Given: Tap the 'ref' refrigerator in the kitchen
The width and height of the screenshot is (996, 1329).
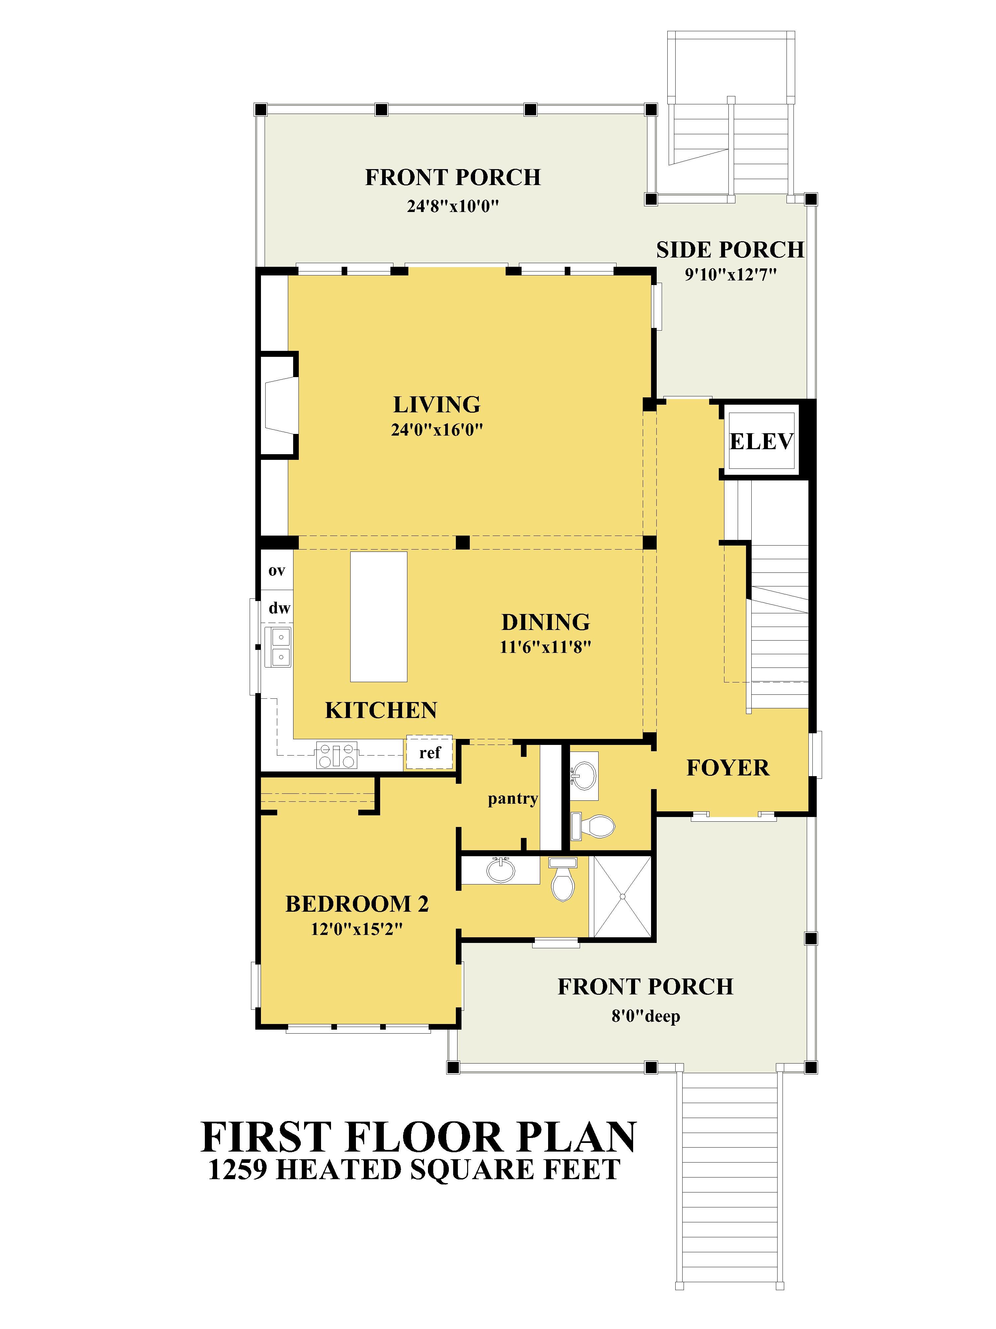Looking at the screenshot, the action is [x=429, y=752].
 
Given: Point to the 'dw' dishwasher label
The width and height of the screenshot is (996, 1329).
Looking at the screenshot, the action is [x=279, y=608].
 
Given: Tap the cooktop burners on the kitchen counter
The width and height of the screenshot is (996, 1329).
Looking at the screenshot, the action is [x=337, y=755].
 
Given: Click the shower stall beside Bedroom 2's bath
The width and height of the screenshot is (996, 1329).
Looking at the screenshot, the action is [x=622, y=896].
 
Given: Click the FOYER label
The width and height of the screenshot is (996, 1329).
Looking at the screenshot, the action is [x=728, y=768].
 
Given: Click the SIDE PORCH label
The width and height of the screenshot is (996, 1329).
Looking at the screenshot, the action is [x=730, y=249].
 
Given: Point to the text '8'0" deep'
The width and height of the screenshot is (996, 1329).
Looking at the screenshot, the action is [x=645, y=1017].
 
